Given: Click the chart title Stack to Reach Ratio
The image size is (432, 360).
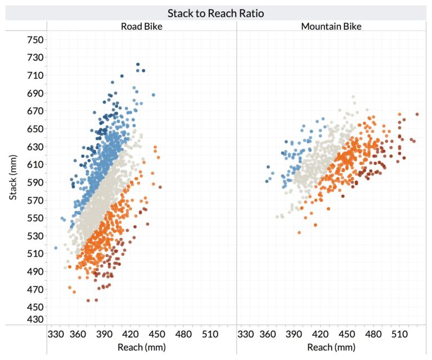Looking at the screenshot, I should click(216, 13).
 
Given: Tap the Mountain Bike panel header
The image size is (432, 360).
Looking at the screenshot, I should click(331, 26).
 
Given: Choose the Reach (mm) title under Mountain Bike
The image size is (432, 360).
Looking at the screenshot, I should click(331, 347).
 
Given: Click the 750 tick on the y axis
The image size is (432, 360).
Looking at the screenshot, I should click(36, 39).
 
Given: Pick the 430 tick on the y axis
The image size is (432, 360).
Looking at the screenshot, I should click(36, 319).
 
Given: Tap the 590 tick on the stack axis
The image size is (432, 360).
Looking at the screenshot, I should click(36, 182).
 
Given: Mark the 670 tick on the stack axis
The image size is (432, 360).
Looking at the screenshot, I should click(36, 111).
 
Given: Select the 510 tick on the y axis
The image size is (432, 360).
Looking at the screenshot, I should click(36, 254).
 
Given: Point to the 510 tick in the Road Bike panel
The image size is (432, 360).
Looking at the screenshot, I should click(210, 334).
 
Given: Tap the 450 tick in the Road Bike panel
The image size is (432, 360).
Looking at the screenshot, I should click(159, 334).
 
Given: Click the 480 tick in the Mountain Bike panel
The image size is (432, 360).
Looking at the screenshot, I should click(373, 334).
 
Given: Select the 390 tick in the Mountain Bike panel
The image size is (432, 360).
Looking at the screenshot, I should click(295, 334).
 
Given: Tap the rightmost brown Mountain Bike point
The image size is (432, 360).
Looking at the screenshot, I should click(417, 114).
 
